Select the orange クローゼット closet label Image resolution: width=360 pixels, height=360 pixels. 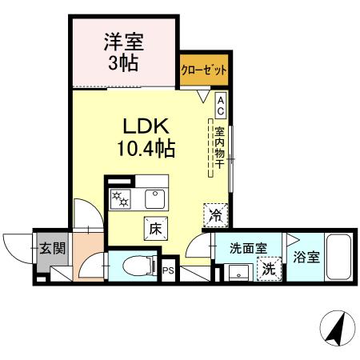tap(203, 70)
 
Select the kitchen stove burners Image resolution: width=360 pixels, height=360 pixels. tap(120, 198)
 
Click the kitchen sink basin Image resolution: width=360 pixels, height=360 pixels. tap(154, 198)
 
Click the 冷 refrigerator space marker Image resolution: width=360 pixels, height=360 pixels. tap(214, 214)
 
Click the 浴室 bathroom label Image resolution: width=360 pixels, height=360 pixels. tap(306, 259)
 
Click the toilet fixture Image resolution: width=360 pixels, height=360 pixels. tap(136, 265)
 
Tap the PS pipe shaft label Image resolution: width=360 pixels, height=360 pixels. tap(168, 270)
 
